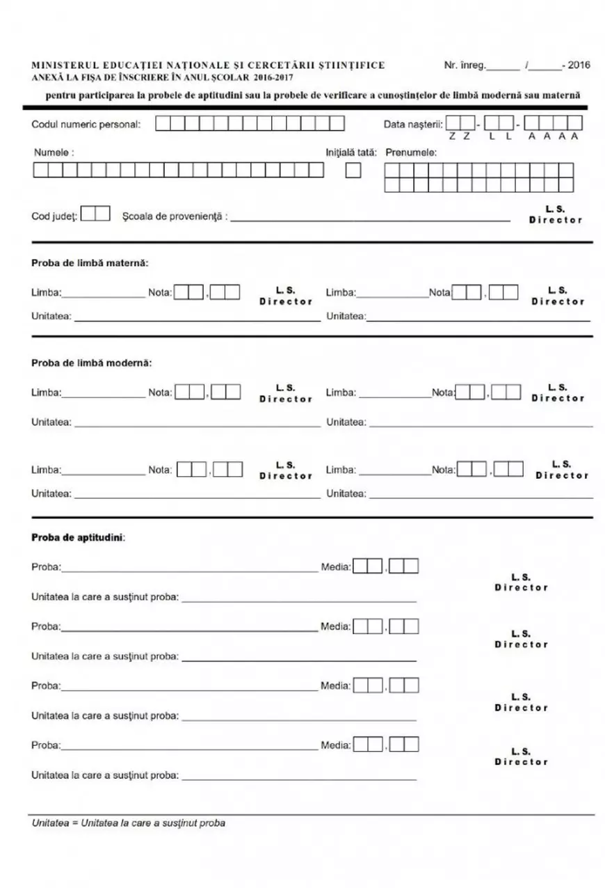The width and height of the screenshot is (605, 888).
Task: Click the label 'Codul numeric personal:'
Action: pos(86,125)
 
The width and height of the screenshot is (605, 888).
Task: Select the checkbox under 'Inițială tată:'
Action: pos(353,171)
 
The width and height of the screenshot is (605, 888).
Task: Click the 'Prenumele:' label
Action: pos(410,152)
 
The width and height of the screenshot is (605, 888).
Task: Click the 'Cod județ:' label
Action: pos(54,216)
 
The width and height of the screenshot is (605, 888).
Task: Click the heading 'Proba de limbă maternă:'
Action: pos(90,263)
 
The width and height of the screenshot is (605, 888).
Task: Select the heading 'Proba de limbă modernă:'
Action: pos(91,363)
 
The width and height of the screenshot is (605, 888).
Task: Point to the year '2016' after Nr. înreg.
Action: pos(579,66)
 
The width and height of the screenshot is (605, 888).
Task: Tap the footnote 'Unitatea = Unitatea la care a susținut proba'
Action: pos(129,823)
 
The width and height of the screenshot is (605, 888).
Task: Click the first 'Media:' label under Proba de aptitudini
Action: pos(335,567)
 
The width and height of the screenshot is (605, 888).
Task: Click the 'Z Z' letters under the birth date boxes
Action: pos(459,136)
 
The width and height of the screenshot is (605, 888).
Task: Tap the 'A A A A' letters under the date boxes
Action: pos(554,136)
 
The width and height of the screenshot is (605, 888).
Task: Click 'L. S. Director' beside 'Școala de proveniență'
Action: pos(555,214)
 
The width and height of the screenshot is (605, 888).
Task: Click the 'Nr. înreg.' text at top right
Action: pos(465,66)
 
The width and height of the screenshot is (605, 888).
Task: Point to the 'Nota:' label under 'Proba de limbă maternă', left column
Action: pos(160,293)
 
